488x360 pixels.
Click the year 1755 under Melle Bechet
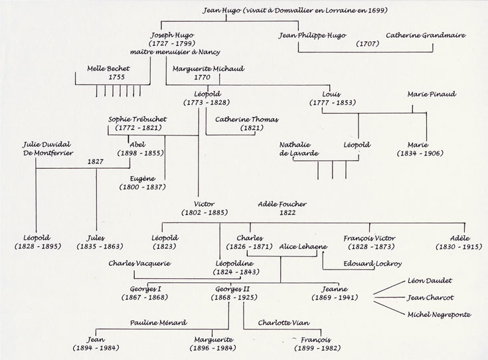pos(116,77)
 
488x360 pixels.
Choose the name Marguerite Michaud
pos(208,68)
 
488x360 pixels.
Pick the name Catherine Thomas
pos(246,120)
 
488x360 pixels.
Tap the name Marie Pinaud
pos(432,94)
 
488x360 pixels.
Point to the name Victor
pos(204,204)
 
